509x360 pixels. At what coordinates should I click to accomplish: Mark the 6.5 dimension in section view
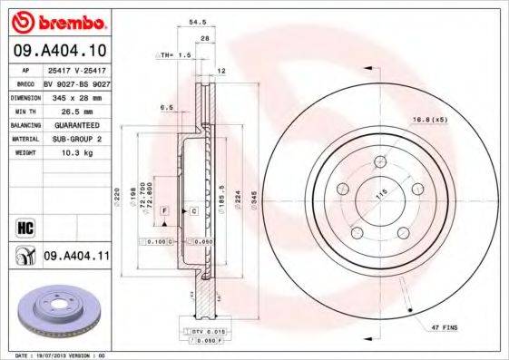(x=166, y=107)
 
